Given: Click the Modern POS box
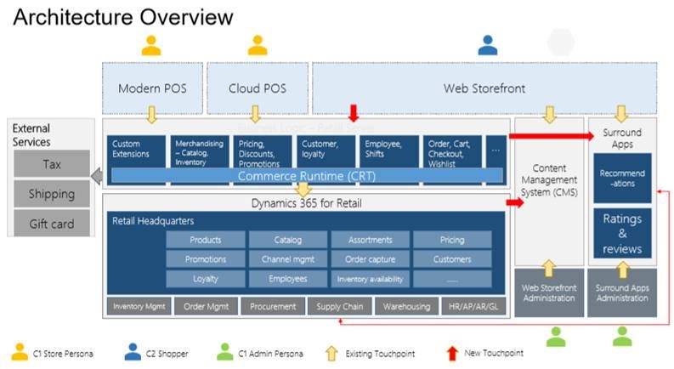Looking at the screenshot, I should coord(152,88).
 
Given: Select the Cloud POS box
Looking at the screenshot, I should coord(256,88).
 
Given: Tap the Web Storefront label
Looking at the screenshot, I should coord(484,88).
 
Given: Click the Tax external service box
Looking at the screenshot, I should coord(52,164).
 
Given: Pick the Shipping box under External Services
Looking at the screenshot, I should coord(52,194).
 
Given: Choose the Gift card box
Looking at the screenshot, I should coord(52,224).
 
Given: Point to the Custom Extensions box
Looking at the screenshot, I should coord(136,150).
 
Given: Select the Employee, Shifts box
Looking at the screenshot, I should coord(388,150).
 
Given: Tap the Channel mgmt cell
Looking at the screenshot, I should coord(287,259).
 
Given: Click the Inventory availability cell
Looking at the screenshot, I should coord(370,279).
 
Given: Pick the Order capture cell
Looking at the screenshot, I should coord(370,259).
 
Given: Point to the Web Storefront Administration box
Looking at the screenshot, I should coord(548,293).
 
